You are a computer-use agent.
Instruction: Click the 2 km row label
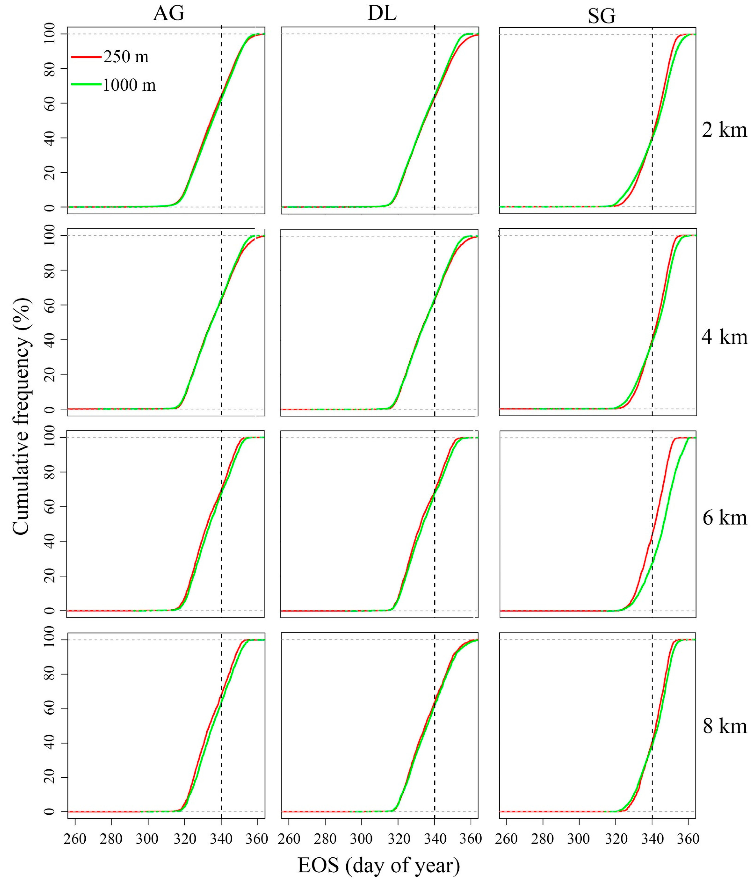click(x=724, y=130)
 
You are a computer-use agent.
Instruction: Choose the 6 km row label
click(x=724, y=518)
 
